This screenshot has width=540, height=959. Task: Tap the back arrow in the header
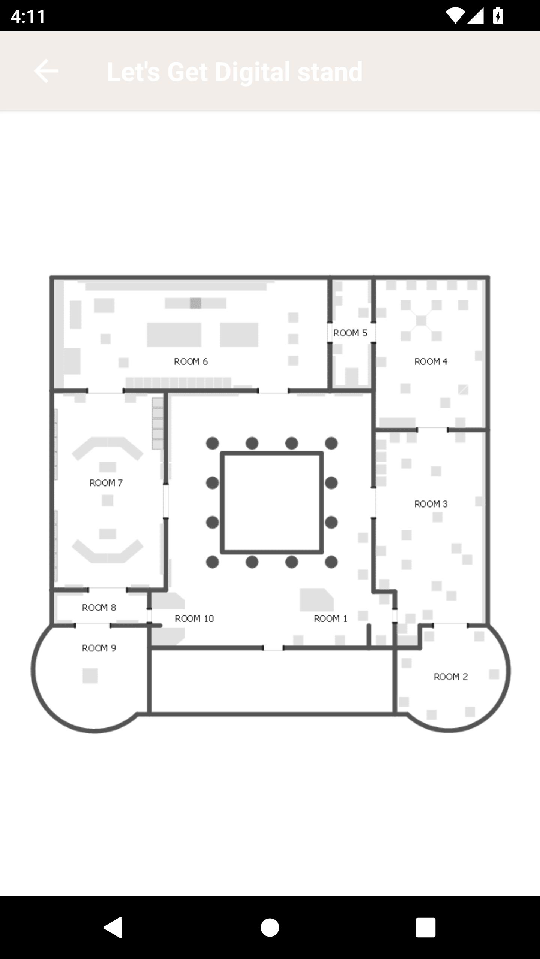tap(46, 71)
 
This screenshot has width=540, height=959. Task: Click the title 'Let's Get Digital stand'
tap(235, 72)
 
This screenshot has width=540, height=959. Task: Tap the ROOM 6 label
tap(190, 361)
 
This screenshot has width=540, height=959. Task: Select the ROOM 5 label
tap(350, 333)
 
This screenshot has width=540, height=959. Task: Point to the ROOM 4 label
tap(430, 361)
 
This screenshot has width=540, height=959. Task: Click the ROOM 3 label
tap(431, 504)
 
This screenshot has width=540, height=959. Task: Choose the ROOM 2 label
tap(450, 677)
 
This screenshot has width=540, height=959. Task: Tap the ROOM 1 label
tap(330, 618)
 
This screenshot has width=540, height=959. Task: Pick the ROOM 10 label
tap(194, 618)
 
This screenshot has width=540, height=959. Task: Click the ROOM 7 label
tap(106, 483)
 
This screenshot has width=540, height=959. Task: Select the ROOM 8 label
tap(99, 608)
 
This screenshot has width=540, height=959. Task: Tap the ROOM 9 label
tap(99, 648)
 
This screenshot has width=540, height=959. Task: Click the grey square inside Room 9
tap(90, 676)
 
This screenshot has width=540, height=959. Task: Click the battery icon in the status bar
tap(498, 16)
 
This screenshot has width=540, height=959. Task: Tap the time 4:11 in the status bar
tap(28, 16)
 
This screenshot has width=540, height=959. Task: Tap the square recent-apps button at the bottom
tap(426, 928)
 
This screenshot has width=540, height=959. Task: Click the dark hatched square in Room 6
tap(195, 303)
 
